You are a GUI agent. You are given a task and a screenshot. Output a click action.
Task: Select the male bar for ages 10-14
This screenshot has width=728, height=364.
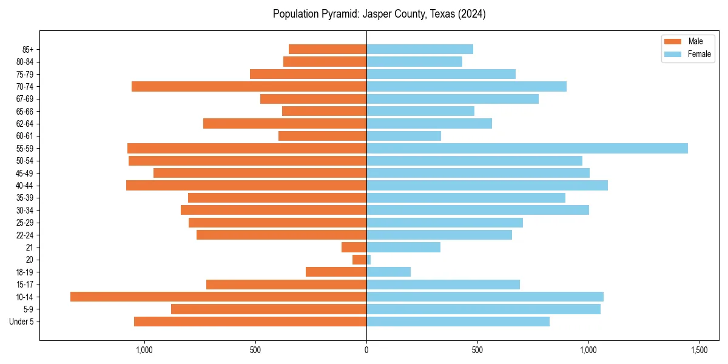click(218, 297)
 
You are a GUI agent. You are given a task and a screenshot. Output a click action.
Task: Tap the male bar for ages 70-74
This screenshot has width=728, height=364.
click(249, 86)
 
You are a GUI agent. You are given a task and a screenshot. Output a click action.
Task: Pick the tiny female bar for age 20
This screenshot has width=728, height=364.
click(369, 260)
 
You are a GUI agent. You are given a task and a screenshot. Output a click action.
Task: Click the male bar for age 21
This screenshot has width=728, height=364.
click(354, 247)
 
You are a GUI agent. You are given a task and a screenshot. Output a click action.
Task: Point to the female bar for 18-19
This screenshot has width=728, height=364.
click(388, 272)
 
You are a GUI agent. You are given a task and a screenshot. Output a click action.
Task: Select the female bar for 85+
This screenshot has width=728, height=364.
click(420, 49)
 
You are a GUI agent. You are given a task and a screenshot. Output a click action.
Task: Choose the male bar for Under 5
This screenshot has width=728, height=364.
click(250, 322)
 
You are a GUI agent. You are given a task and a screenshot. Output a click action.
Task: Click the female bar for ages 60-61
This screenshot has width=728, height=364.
click(403, 136)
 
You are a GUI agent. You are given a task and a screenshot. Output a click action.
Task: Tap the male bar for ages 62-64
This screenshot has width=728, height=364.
click(285, 123)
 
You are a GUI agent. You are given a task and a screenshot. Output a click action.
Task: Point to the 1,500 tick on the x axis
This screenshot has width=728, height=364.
click(699, 351)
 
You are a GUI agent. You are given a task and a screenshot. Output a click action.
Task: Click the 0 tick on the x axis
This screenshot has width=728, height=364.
click(366, 351)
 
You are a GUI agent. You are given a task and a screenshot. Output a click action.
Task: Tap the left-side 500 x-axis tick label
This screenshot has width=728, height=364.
click(255, 351)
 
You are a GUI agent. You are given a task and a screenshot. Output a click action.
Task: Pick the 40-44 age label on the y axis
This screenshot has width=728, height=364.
click(25, 186)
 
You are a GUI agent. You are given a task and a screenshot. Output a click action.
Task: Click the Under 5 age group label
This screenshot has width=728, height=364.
click(21, 322)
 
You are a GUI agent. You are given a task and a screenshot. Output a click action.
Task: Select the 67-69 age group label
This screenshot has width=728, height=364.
click(25, 99)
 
